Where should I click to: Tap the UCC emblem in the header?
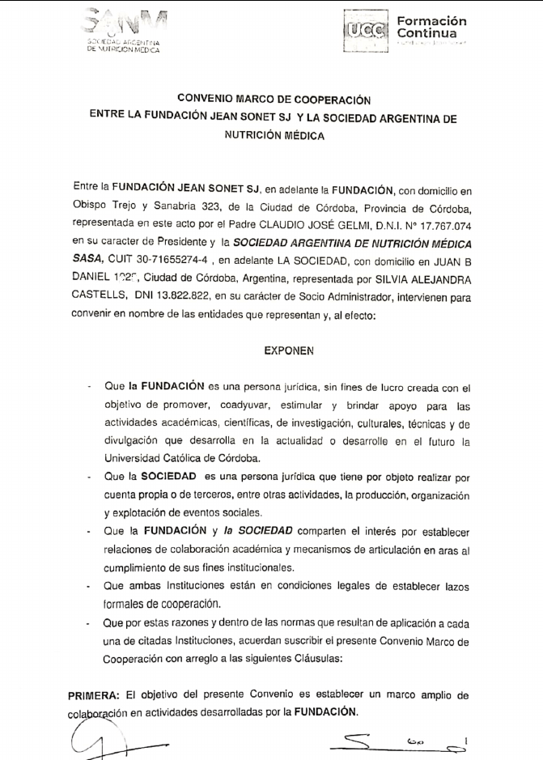365,31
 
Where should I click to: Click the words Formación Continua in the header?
431,27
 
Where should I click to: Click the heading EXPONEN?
288,352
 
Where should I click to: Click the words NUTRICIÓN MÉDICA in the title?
274,136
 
